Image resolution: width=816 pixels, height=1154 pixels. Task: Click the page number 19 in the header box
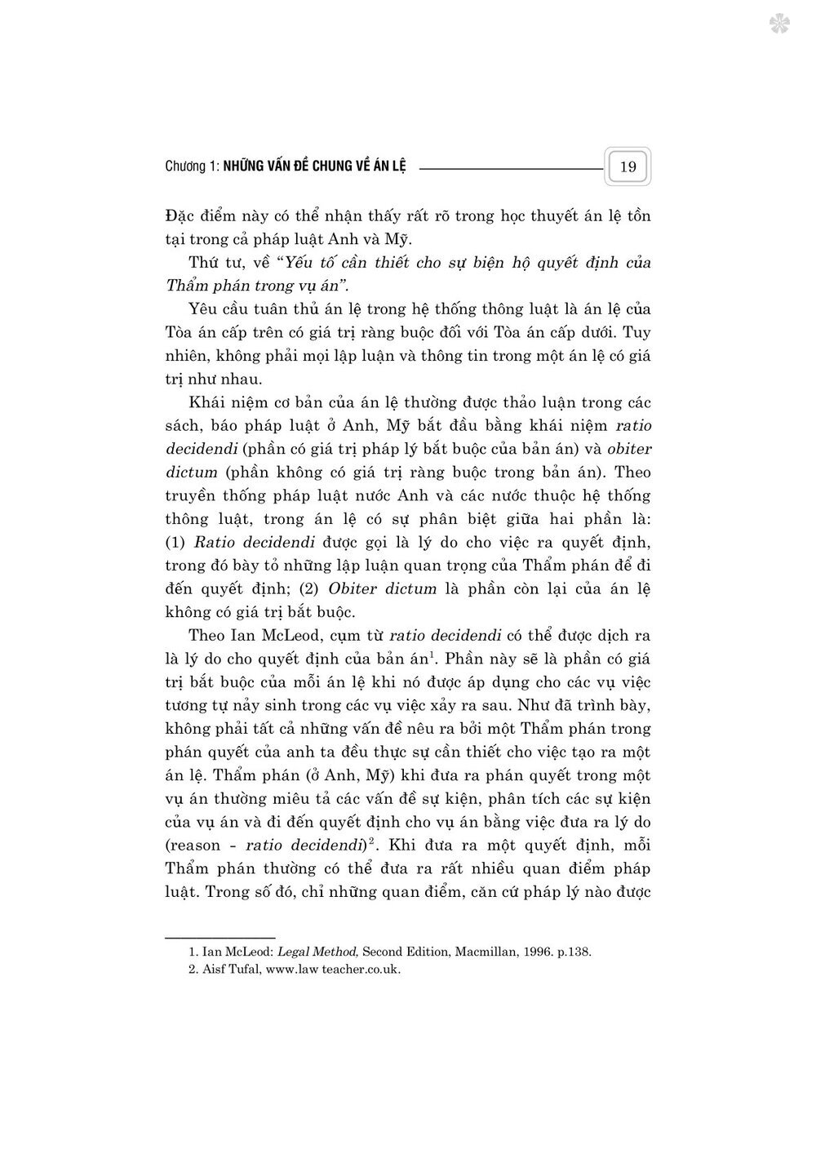click(x=628, y=167)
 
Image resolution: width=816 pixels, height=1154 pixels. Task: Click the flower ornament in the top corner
click(x=779, y=23)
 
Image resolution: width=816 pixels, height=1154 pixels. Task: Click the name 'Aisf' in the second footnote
click(x=214, y=970)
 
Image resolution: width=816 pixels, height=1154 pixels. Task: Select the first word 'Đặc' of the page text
click(x=180, y=216)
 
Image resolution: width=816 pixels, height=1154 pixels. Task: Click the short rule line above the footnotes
click(x=220, y=937)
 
